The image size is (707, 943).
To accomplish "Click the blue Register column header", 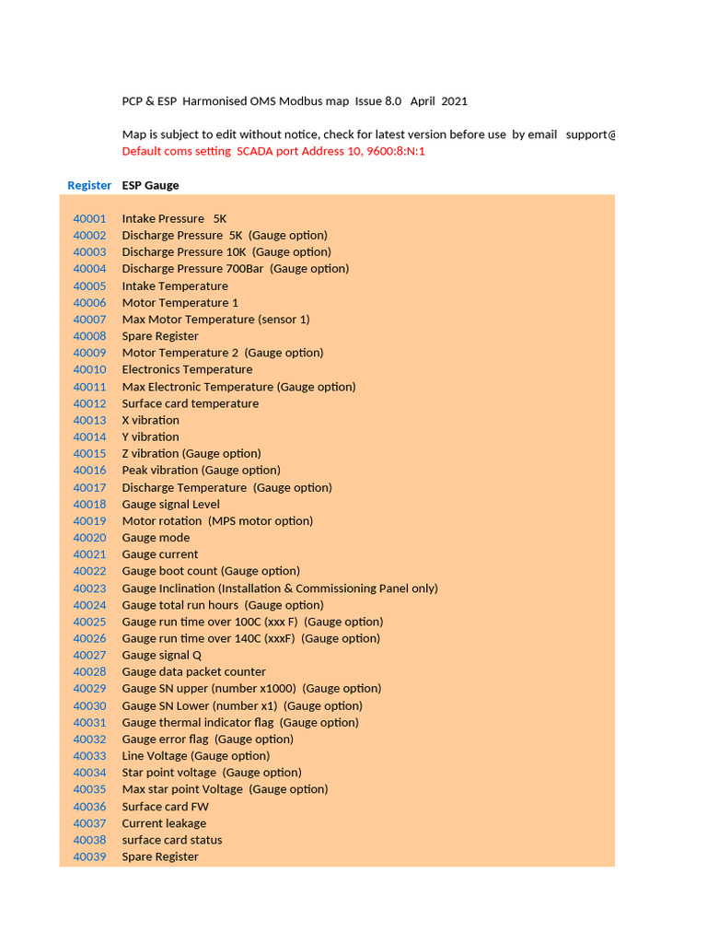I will (89, 185).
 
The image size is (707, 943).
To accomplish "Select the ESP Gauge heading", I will (150, 185).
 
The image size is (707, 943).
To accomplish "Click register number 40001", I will (89, 218).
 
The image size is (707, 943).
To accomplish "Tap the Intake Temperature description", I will (175, 285).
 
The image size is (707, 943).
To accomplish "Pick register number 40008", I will (89, 336).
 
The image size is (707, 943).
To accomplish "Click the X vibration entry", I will (150, 420).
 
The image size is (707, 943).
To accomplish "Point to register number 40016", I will (89, 470).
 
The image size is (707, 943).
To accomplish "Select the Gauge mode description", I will (156, 538).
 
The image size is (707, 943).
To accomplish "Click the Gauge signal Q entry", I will (161, 655).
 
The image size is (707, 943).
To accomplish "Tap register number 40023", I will (89, 588).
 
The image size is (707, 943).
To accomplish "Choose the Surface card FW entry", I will (165, 806).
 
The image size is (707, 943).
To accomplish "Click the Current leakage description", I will (164, 823).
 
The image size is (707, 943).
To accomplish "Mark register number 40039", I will (89, 856).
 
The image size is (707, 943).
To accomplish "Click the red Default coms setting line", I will (273, 151).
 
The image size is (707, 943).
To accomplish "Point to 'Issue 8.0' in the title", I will (377, 101).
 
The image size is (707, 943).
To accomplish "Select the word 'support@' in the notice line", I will (590, 134).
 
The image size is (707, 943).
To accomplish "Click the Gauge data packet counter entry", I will (193, 671).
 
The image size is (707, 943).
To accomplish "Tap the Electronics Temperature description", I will (187, 369).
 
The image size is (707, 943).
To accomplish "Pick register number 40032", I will (89, 739).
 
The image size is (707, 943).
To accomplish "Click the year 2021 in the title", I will (453, 101).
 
